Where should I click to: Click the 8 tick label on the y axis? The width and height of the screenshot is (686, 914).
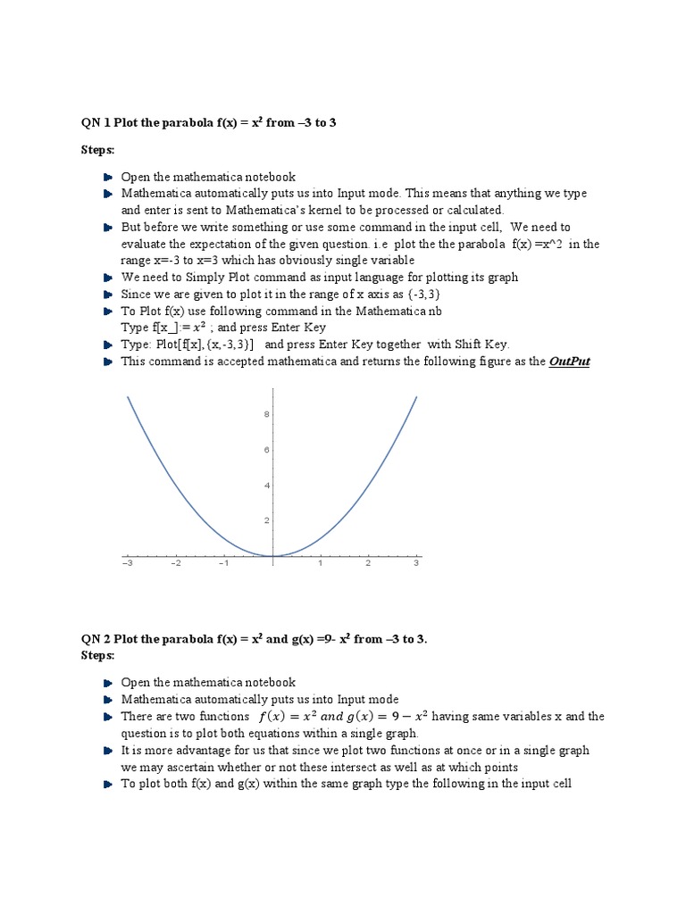(x=266, y=414)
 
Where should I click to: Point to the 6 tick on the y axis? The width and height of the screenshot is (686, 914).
(x=266, y=450)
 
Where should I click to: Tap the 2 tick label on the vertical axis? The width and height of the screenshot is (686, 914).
(x=266, y=520)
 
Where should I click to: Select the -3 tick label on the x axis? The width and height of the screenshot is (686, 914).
(x=127, y=564)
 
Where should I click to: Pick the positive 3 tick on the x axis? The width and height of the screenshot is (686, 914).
(x=416, y=564)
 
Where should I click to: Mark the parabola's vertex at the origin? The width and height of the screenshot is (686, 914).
(x=272, y=555)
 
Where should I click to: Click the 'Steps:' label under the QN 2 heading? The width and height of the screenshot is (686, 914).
(x=98, y=655)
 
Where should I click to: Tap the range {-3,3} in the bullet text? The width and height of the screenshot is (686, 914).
(x=423, y=294)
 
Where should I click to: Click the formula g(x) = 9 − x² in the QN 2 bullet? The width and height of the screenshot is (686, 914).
(x=389, y=717)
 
